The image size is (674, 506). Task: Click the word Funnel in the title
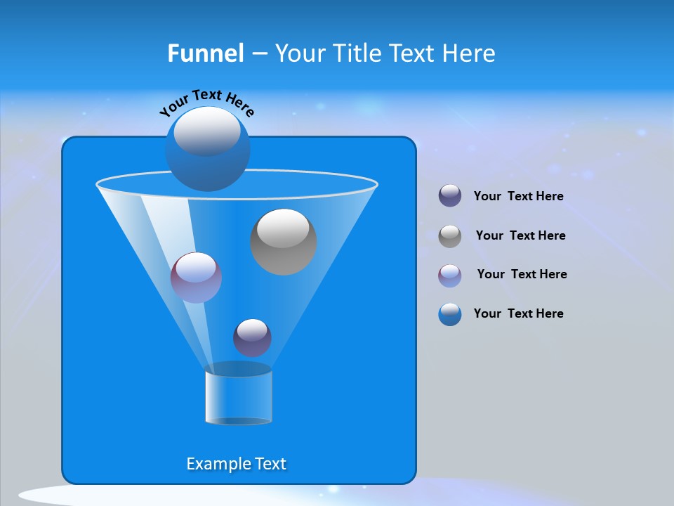205,53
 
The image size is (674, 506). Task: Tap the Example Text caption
236,464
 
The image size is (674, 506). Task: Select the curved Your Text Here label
206,102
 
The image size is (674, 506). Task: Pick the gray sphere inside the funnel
283,242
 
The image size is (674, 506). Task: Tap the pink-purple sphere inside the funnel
196,278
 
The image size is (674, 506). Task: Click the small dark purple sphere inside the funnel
252,337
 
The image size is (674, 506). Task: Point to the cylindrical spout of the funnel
238,397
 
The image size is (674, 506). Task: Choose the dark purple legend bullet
450,196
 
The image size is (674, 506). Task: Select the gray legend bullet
450,235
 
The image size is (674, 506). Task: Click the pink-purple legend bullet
450,275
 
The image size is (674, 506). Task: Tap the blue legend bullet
450,314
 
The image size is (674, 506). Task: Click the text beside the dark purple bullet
518,197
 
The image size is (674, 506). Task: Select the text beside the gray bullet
520,235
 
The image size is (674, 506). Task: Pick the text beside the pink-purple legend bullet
522,274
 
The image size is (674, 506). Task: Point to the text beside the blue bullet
518,313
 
